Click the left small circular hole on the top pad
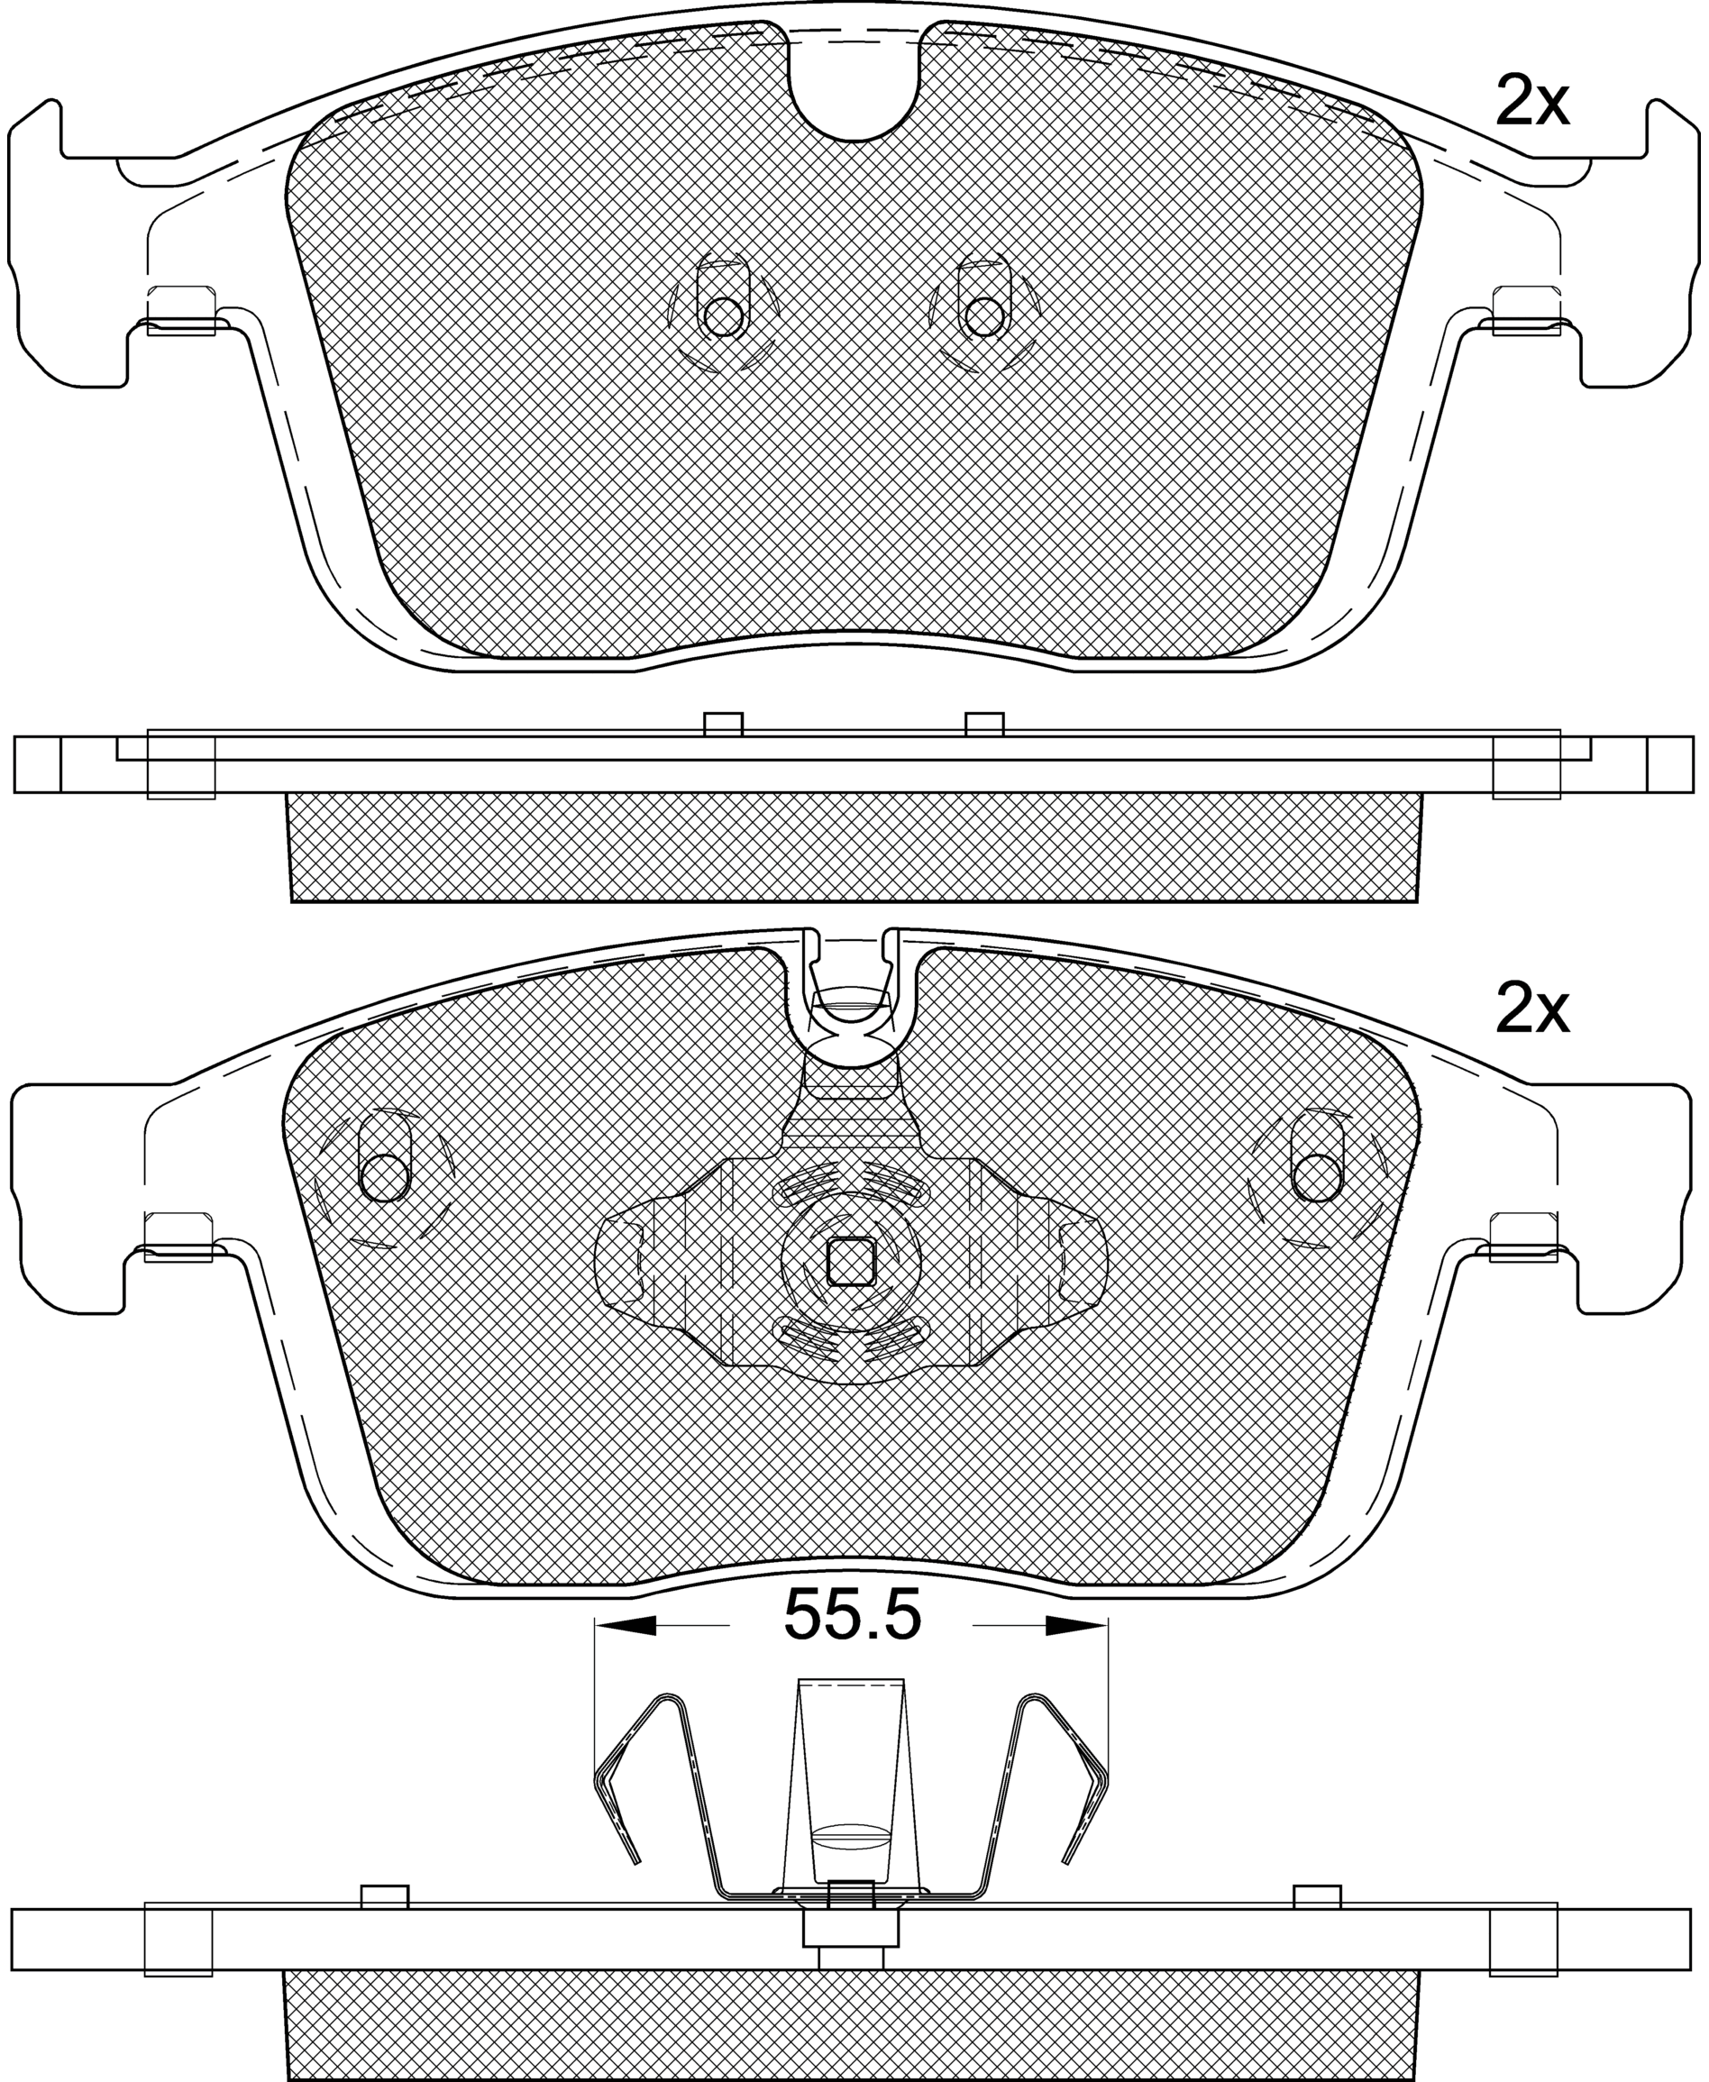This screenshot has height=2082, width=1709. click(x=724, y=316)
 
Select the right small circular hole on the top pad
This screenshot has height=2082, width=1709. click(x=983, y=316)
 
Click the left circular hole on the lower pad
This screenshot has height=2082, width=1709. click(x=385, y=1177)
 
